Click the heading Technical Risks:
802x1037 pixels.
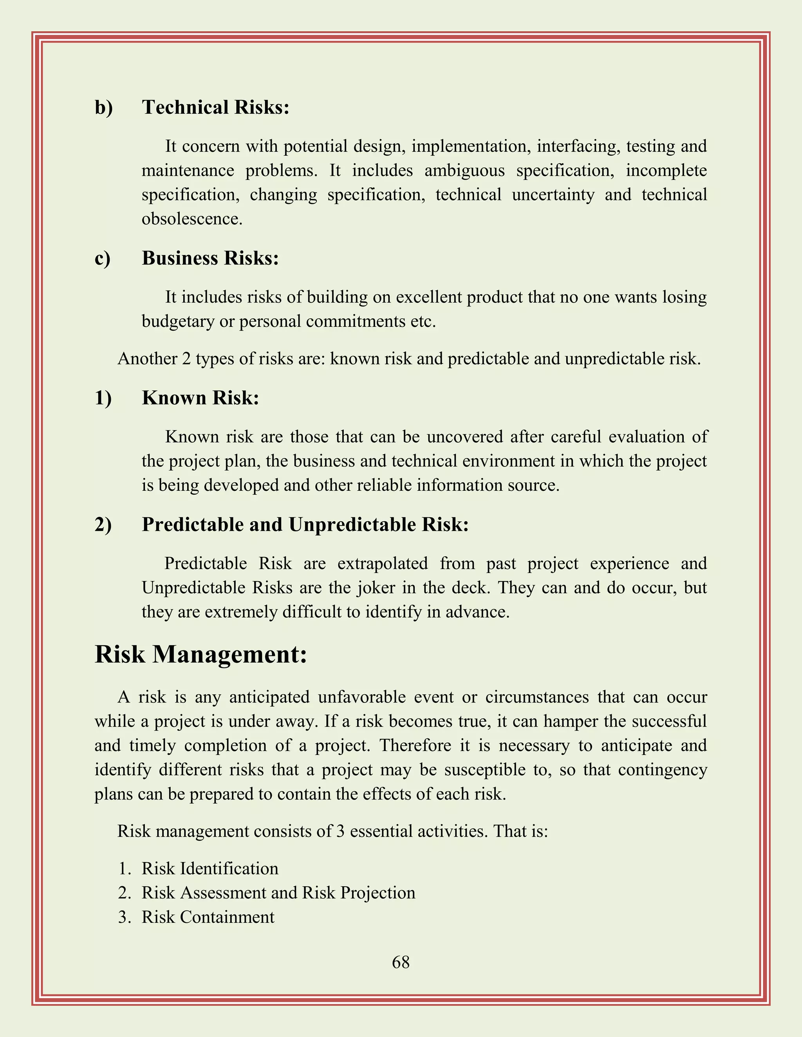click(x=215, y=107)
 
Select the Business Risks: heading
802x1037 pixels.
click(x=210, y=258)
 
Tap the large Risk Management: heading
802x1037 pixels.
click(x=200, y=654)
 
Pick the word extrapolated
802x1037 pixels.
click(x=383, y=564)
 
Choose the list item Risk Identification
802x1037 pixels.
click(x=210, y=868)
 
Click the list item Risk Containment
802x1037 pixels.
click(x=208, y=917)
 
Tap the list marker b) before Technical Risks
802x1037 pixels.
click(x=103, y=107)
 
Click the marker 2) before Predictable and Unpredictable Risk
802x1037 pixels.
click(x=103, y=525)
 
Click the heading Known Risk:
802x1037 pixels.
click(x=200, y=398)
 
